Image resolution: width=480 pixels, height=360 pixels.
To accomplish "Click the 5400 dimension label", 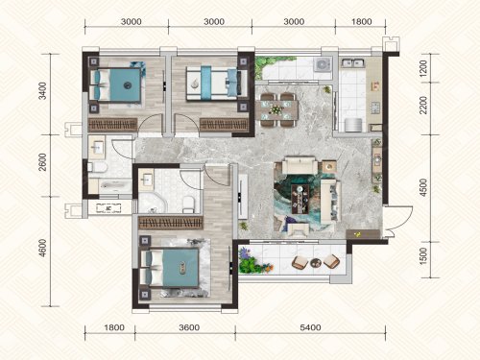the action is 310,327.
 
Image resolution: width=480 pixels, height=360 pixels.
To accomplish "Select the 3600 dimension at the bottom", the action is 189,327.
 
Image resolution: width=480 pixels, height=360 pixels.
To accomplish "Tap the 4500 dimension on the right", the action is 423,187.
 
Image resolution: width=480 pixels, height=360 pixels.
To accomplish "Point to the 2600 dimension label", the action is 42,162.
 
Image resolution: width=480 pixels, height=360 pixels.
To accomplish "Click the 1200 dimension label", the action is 423,68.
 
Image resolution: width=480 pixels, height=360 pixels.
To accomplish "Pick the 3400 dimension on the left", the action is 42,91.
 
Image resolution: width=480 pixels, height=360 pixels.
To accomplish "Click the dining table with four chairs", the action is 277,109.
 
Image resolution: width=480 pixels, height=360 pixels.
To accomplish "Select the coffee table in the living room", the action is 300,199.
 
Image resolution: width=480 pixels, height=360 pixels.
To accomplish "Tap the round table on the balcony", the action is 315,263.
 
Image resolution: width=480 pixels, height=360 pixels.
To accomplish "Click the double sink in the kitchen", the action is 352,62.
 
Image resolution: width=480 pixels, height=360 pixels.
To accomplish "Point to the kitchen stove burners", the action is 375,108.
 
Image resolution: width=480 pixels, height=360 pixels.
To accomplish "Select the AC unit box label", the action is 108,208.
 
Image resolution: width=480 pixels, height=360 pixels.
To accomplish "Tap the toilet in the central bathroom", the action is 188,204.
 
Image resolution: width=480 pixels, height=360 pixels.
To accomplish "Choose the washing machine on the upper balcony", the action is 323,65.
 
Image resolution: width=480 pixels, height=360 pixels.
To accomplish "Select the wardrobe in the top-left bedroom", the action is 112,125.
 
